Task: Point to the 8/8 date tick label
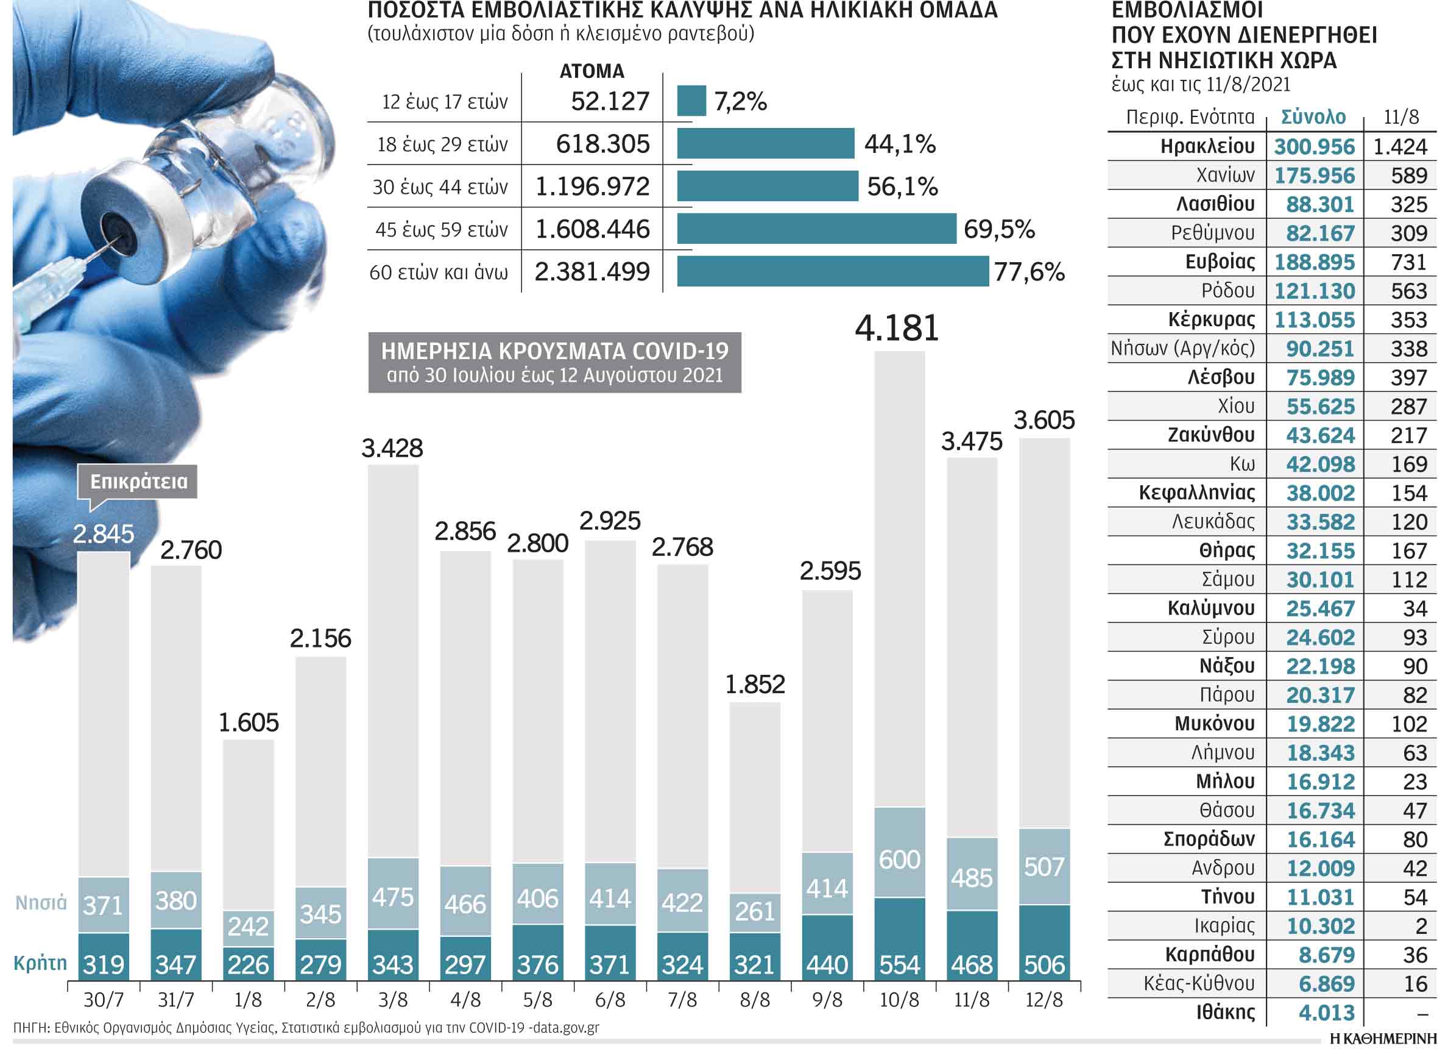pyautogui.click(x=755, y=1000)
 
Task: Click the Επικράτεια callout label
pyautogui.click(x=138, y=482)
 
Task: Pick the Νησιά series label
pyautogui.click(x=41, y=903)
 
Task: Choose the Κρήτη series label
pyautogui.click(x=40, y=963)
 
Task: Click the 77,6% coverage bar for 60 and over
pyautogui.click(x=833, y=271)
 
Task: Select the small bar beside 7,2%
pyautogui.click(x=691, y=101)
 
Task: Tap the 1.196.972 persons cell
pyautogui.click(x=593, y=187)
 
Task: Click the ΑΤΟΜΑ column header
pyautogui.click(x=592, y=71)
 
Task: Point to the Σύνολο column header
pyautogui.click(x=1313, y=117)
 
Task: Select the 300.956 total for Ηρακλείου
pyautogui.click(x=1314, y=147)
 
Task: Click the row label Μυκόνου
pyautogui.click(x=1214, y=724)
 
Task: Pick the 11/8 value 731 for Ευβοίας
pyautogui.click(x=1408, y=263)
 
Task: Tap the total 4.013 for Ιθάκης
pyautogui.click(x=1320, y=1013)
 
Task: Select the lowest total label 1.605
pyautogui.click(x=249, y=722)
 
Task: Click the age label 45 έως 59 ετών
pyautogui.click(x=441, y=229)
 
